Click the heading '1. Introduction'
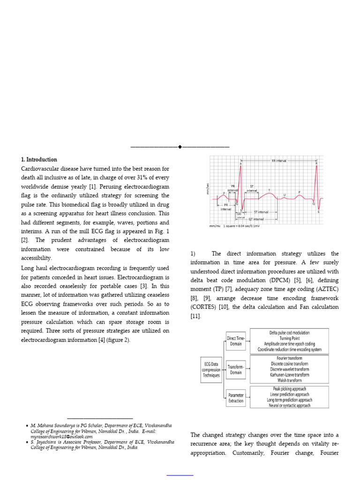point(39,159)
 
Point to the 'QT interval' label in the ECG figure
point(256,219)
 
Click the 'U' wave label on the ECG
point(284,194)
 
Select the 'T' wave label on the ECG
point(269,190)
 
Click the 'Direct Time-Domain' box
point(235,340)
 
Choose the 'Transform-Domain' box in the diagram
point(235,369)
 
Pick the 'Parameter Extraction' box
point(235,397)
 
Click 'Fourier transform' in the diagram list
point(289,358)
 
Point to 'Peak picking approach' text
point(289,389)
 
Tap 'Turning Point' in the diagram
point(289,338)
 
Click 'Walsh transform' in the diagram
point(289,380)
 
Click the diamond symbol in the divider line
point(180,147)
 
